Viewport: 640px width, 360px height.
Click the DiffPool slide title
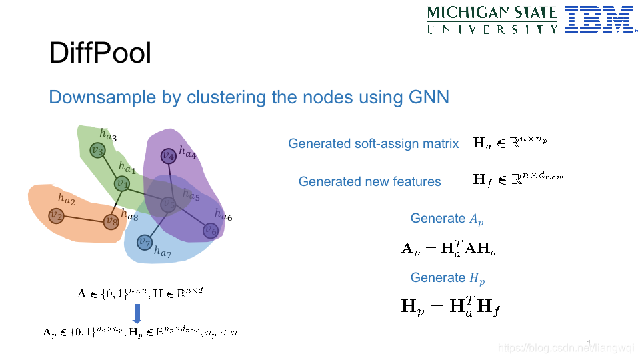tap(100, 53)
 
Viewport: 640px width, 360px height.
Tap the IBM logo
tap(598, 19)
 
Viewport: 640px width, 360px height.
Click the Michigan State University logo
tap(492, 20)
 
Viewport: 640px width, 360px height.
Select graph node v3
tap(98, 151)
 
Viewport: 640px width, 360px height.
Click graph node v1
tap(121, 183)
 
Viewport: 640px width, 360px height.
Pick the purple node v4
tap(168, 156)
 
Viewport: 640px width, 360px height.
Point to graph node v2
tap(57, 215)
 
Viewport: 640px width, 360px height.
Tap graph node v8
tap(111, 221)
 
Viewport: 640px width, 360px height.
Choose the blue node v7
tap(144, 241)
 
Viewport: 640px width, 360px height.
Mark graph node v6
tap(210, 231)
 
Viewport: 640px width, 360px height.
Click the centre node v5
tap(169, 205)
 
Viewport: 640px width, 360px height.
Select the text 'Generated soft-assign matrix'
tap(373, 143)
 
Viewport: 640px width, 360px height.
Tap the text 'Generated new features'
tap(369, 181)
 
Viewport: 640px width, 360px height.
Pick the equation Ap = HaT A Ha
tap(448, 248)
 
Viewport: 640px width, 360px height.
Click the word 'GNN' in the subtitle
tap(429, 97)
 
